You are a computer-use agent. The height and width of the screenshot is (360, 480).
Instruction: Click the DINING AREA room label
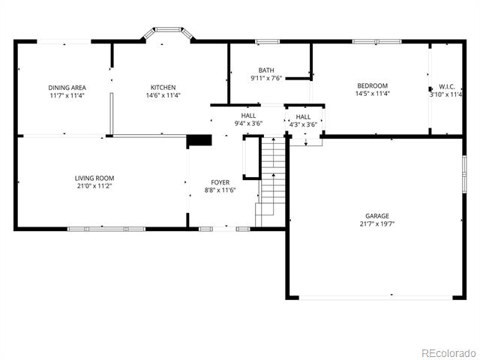click(67, 88)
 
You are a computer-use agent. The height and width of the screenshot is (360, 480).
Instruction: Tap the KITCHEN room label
click(163, 88)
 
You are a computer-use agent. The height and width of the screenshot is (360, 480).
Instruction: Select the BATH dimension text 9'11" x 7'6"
click(266, 78)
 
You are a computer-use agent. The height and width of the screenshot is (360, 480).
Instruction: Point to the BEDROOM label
click(373, 85)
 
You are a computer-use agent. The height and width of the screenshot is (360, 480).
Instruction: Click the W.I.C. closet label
click(447, 87)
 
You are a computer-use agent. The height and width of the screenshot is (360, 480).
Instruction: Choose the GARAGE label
click(377, 216)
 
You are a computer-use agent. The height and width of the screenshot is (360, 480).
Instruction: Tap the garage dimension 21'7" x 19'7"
click(377, 223)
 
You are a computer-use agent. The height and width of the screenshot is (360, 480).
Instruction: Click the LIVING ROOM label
click(94, 178)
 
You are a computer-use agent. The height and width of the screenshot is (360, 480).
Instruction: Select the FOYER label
click(220, 182)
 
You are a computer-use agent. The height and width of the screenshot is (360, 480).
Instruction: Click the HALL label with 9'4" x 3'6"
click(248, 115)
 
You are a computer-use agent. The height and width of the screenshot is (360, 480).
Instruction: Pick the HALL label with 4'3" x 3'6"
click(303, 117)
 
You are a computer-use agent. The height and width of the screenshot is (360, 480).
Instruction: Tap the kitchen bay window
click(168, 32)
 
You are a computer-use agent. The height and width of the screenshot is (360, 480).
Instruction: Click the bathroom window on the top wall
click(268, 42)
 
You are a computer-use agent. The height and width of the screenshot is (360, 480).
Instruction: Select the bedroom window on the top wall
click(376, 42)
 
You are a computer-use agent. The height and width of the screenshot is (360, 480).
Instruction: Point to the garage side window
click(464, 174)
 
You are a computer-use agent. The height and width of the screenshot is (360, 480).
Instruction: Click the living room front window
click(106, 229)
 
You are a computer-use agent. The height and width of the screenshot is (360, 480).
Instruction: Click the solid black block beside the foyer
click(199, 140)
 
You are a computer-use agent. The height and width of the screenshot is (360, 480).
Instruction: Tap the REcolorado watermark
click(449, 353)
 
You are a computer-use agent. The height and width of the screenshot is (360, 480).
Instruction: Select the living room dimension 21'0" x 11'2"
click(94, 186)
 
